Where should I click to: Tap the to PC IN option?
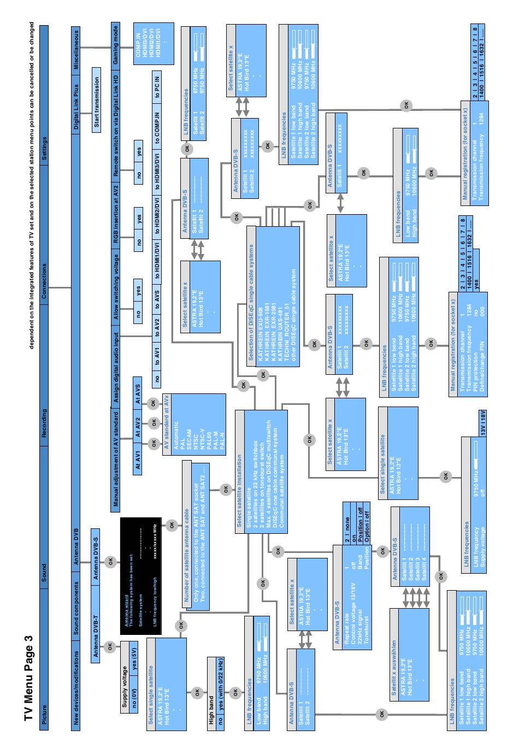tap(157, 87)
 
